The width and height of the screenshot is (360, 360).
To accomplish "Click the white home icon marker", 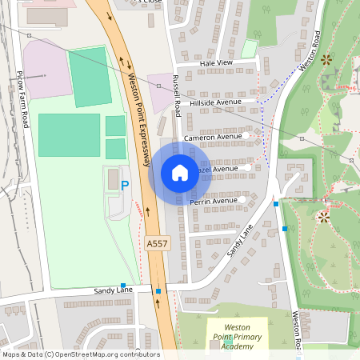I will (179, 173).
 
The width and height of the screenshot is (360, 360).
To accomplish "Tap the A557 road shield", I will (157, 242).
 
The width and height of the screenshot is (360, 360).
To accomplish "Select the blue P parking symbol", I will (124, 186).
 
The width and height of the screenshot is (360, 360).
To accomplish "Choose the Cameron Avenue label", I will (212, 138).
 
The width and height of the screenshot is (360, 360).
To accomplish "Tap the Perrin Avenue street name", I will (214, 201).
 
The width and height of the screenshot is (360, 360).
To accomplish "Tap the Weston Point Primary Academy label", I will (238, 337).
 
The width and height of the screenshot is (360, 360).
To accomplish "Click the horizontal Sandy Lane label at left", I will (110, 291).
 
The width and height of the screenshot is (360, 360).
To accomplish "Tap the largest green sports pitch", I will (70, 134).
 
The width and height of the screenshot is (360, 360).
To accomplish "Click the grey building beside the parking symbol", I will (113, 178).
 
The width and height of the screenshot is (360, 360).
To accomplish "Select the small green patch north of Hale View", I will (249, 48).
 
